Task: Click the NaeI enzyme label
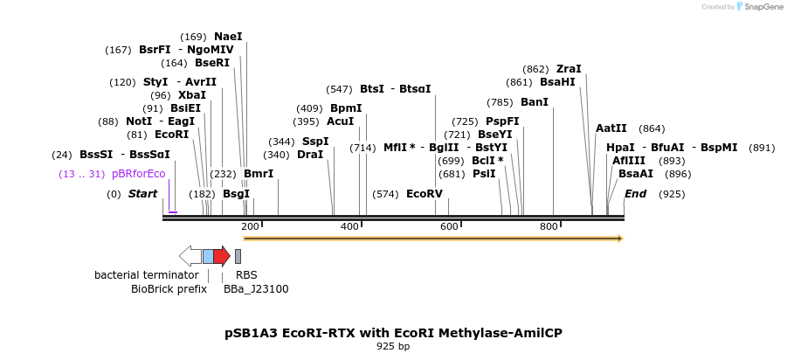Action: [228, 37]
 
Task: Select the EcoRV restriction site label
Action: [425, 194]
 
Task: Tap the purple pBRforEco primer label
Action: [138, 174]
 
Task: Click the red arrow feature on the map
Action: [222, 256]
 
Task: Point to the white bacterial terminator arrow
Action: [190, 256]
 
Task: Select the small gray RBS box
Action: [238, 256]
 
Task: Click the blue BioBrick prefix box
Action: [208, 256]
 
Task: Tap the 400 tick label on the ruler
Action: [350, 227]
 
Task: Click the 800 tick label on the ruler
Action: [549, 227]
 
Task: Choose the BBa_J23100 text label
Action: [256, 289]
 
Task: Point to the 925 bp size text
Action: [393, 347]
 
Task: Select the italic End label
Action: [635, 194]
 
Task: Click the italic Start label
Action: [142, 194]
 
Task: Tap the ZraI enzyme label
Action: [569, 69]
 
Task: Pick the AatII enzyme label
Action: [611, 128]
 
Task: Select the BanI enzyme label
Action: [535, 102]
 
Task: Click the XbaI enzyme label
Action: [192, 95]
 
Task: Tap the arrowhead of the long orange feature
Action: [620, 238]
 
